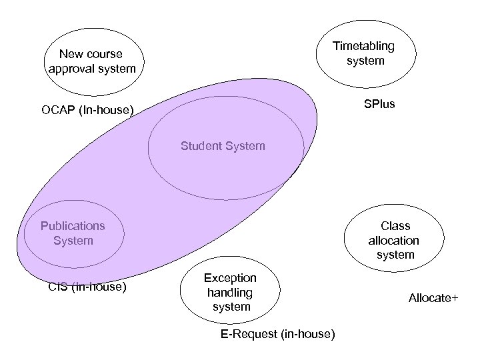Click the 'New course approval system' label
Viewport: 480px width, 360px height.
coord(91,61)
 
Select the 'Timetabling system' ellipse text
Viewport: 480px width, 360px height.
coord(364,53)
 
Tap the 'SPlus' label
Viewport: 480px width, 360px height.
coord(379,105)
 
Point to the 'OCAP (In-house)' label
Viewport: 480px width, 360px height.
coord(87,109)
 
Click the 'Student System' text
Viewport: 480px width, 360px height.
coord(223,145)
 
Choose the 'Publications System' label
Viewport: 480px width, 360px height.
coord(73,233)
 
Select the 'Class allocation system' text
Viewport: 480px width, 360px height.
coord(395,240)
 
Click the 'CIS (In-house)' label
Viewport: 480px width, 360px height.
coord(88,288)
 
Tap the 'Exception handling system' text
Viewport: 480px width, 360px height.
coord(230,292)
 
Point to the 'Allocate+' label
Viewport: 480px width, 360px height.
coord(433,298)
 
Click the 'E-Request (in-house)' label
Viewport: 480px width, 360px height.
coord(277,333)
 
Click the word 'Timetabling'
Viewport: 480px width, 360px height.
coord(364,46)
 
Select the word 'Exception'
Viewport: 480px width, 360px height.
coord(230,277)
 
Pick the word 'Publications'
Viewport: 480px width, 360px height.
coord(73,225)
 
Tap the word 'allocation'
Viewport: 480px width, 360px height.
coord(395,240)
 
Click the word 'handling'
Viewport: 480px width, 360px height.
coord(230,292)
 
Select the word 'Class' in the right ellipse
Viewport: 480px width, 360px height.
coord(395,225)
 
